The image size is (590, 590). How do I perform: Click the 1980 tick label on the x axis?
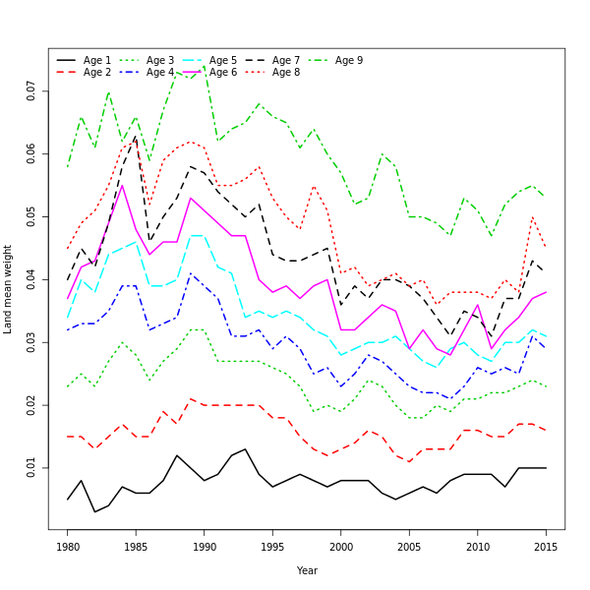pos(68,546)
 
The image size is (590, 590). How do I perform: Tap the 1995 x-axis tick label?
pos(272,546)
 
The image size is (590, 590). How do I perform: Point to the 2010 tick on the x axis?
pos(478,546)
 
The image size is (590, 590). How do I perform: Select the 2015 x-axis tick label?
pos(546,546)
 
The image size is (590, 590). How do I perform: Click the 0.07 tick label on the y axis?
pos(31,91)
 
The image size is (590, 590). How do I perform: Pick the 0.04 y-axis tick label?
pos(31,280)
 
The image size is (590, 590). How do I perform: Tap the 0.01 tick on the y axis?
pos(31,468)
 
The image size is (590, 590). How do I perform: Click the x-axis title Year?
pos(307,570)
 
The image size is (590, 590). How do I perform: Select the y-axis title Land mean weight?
pos(8,289)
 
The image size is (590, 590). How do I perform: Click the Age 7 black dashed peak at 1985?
pos(136,137)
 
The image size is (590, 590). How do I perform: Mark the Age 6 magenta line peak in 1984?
pos(122,185)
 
